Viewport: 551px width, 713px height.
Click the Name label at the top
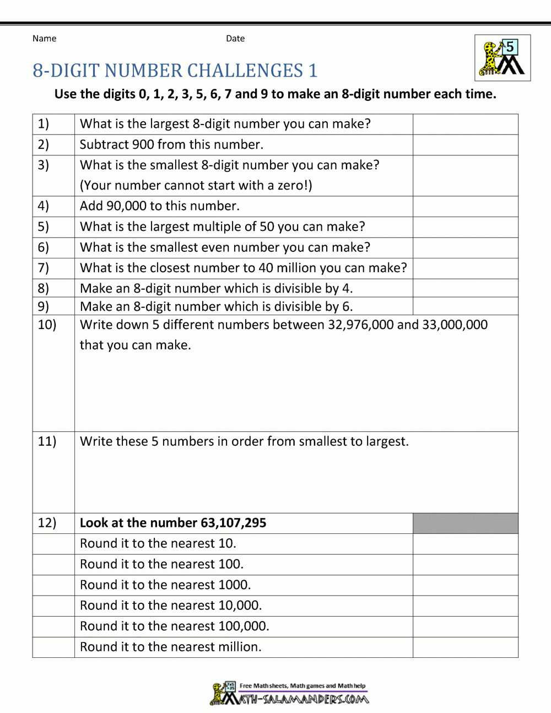tap(44, 39)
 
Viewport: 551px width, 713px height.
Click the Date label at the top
tap(235, 39)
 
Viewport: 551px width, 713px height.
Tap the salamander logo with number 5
tap(503, 58)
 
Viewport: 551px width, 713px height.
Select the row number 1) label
tap(44, 124)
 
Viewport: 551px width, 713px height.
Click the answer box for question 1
tap(465, 125)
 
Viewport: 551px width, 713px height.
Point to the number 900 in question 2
tap(143, 145)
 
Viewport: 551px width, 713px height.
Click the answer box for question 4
tap(465, 207)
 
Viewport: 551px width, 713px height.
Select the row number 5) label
tap(44, 227)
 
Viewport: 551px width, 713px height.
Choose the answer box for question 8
tap(465, 288)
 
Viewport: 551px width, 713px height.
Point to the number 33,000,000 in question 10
tap(455, 325)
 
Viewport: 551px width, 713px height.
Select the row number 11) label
tap(47, 442)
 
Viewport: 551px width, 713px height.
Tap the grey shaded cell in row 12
tap(465, 523)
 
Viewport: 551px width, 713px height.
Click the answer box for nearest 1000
tap(465, 585)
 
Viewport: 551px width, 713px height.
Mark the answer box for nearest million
tap(465, 647)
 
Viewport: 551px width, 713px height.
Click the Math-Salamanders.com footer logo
tap(290, 694)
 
